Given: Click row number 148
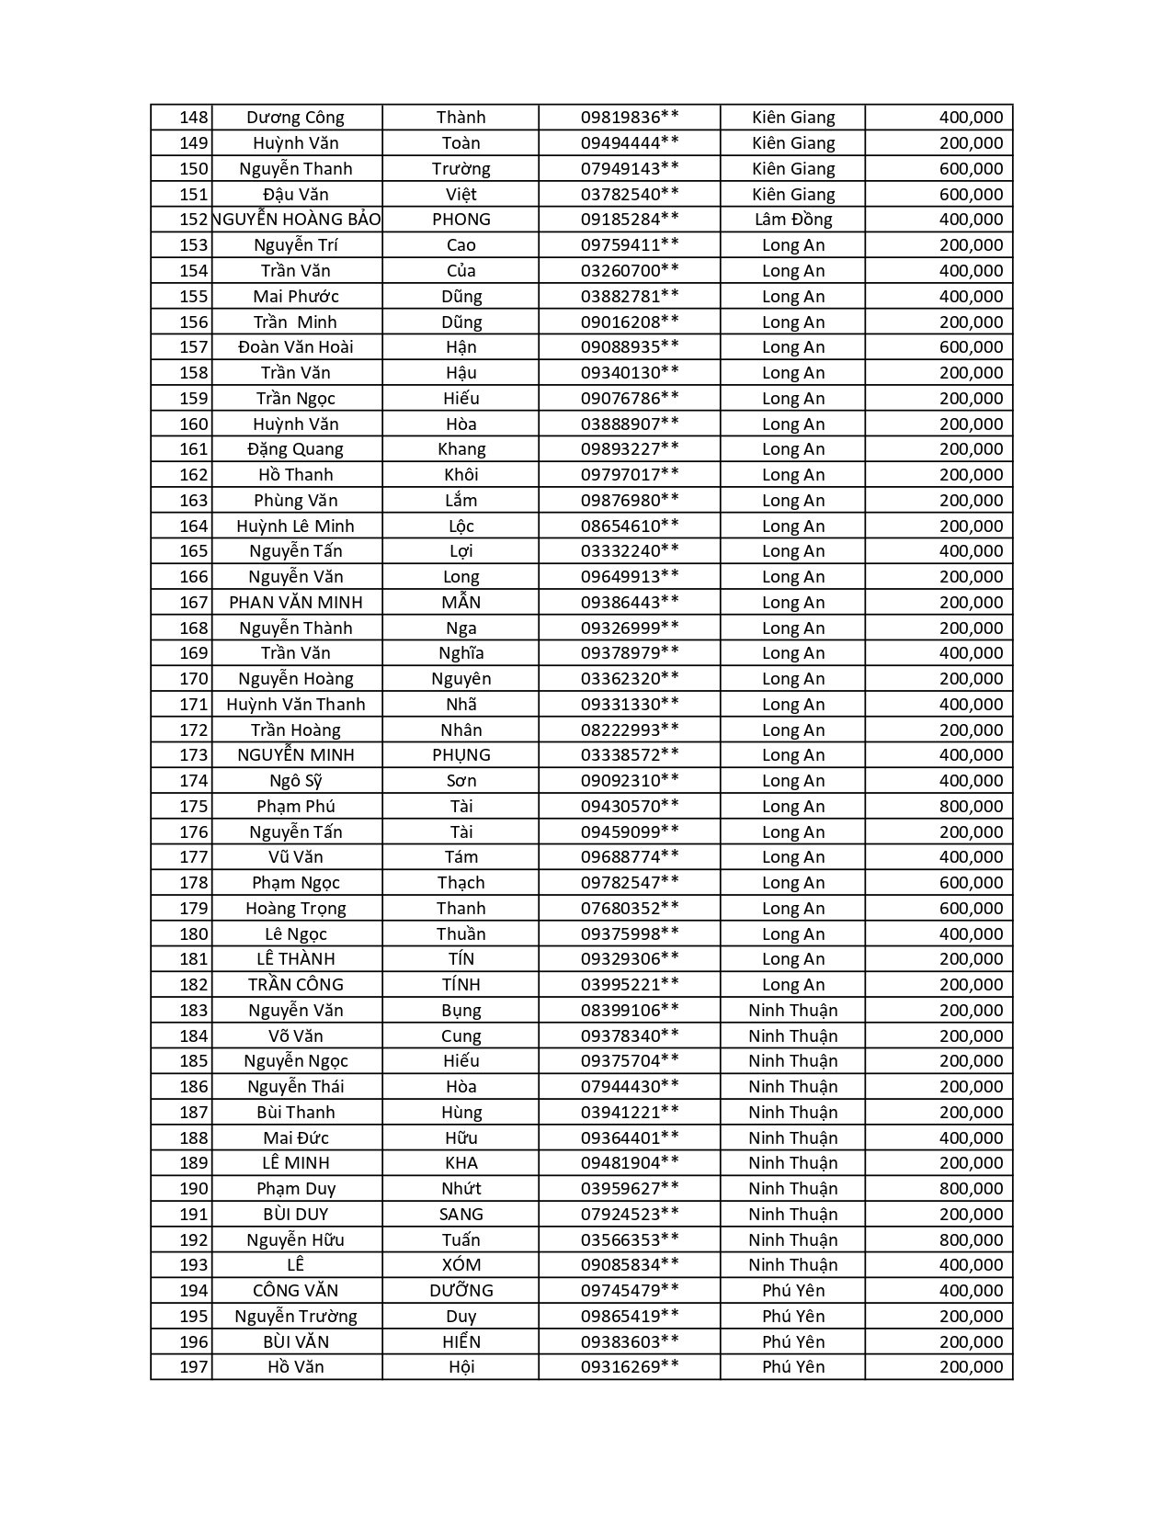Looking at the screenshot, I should tap(194, 118).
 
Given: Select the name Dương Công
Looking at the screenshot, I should tap(295, 118).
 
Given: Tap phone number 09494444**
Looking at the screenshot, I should tap(630, 143).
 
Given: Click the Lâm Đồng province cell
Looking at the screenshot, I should tap(792, 220).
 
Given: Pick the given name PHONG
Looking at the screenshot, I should tap(461, 220).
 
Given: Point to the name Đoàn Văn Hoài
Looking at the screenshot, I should tap(295, 347).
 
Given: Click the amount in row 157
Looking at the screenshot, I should tap(971, 347).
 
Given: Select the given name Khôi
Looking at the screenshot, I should tap(461, 475).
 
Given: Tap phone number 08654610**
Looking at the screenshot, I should tap(630, 526).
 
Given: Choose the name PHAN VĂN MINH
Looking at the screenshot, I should tap(295, 603).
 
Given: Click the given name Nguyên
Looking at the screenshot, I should tap(461, 679).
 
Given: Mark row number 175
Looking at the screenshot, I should tap(194, 807).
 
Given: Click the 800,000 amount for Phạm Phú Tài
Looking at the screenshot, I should tap(971, 807).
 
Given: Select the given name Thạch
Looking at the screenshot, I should tap(461, 883).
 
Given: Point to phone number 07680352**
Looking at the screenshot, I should tap(630, 909).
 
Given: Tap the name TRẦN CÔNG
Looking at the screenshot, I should tap(295, 985).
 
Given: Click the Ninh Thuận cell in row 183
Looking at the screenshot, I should tap(792, 1011).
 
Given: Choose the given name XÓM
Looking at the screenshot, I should tap(461, 1265).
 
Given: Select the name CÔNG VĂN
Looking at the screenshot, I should tap(295, 1291).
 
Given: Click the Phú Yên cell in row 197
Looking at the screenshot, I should tap(792, 1367).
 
